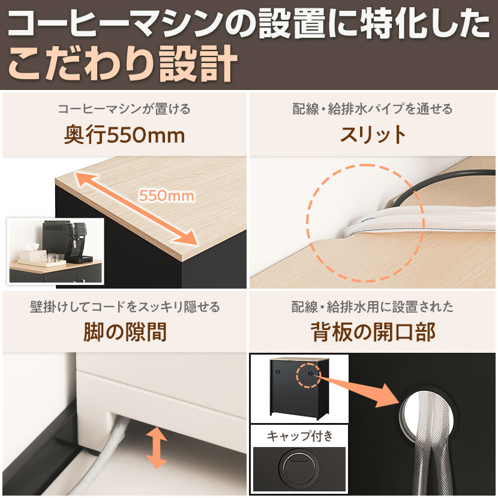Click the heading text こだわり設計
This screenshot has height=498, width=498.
(x=122, y=64)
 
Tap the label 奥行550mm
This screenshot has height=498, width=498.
(x=125, y=135)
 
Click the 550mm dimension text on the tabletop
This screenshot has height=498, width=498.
(x=166, y=196)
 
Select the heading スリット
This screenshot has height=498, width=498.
(x=373, y=135)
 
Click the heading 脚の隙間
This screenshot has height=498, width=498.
(x=125, y=332)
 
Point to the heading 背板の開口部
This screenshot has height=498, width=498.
(x=373, y=332)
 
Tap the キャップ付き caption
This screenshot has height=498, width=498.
(x=299, y=436)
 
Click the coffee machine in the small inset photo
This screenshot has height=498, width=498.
(x=66, y=241)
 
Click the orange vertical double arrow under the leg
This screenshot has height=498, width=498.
(x=156, y=448)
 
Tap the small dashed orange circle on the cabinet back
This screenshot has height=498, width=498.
(x=308, y=376)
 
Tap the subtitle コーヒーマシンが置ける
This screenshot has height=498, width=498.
(x=124, y=109)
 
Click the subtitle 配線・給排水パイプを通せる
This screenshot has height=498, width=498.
(x=372, y=109)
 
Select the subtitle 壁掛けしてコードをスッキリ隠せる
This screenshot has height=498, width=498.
(x=125, y=307)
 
